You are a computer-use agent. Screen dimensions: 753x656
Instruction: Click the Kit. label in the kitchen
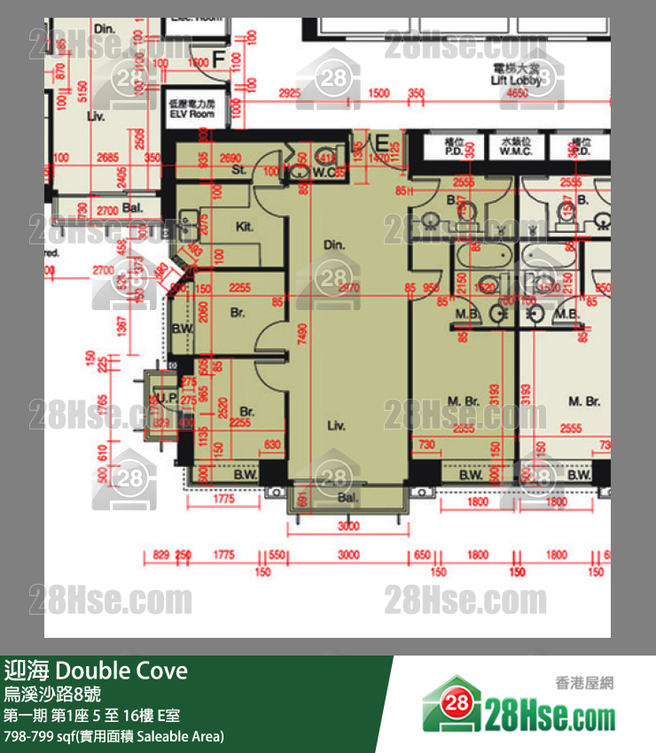(244, 227)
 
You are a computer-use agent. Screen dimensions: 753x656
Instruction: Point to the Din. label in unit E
(333, 245)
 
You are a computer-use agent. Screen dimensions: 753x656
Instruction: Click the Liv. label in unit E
(335, 426)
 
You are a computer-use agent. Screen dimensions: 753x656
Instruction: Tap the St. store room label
(238, 169)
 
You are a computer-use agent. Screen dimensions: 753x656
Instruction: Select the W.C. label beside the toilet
(324, 173)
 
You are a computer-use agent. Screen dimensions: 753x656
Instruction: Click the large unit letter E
(381, 144)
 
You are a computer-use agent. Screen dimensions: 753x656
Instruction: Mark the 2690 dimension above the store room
(230, 158)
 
